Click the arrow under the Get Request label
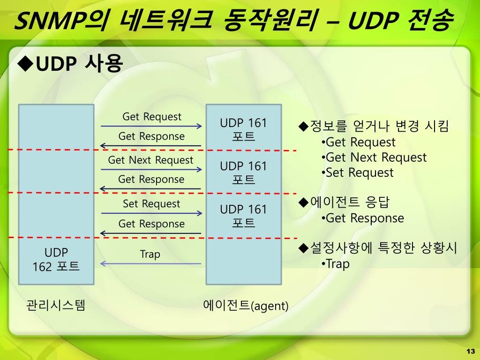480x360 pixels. [x=151, y=126]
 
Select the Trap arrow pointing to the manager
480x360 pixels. [x=151, y=264]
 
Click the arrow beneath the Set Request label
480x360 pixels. [x=151, y=213]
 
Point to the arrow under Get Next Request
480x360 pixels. [x=151, y=170]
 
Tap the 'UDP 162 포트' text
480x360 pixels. [x=56, y=259]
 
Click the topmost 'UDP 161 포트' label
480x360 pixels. [x=243, y=130]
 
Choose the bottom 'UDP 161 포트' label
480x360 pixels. [x=243, y=216]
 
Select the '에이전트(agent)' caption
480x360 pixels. [x=246, y=306]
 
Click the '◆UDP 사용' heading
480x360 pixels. [x=70, y=63]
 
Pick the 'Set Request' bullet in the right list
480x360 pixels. [x=359, y=172]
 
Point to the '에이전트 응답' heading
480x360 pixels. [x=345, y=202]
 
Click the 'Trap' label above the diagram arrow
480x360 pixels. [x=150, y=254]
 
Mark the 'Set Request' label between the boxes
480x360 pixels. [x=151, y=203]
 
